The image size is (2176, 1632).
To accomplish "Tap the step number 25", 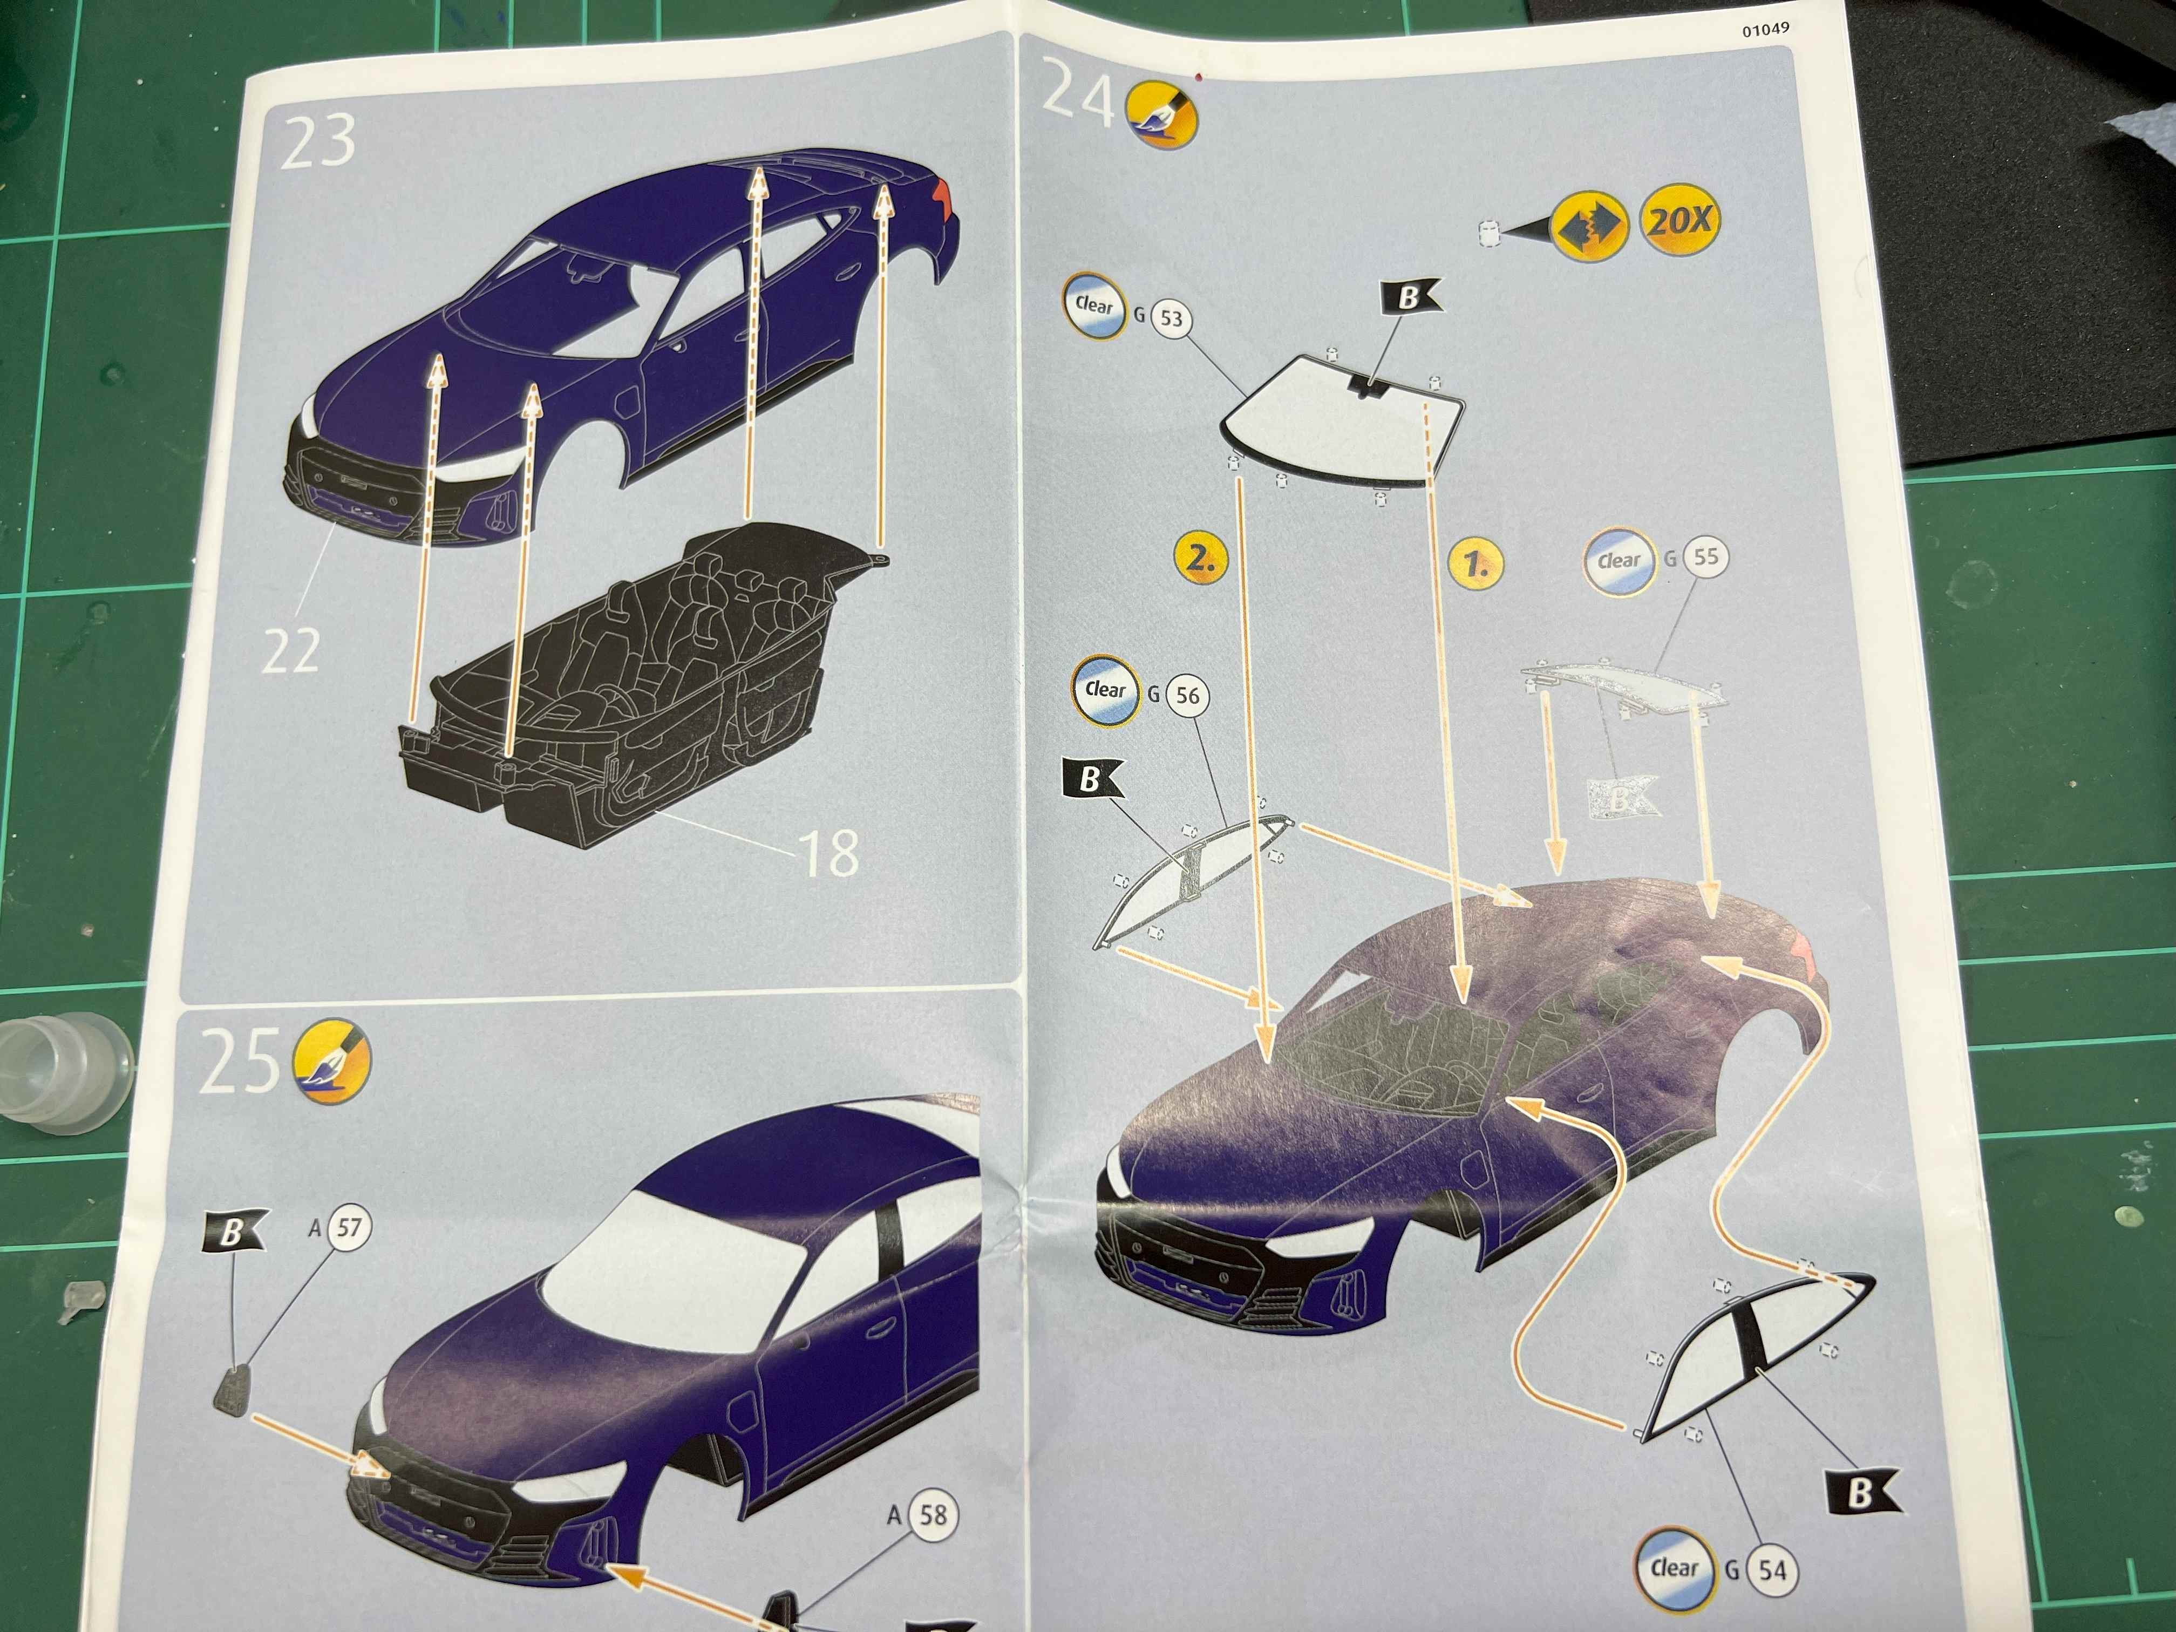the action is [239, 1063].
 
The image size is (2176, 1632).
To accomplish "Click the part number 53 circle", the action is [1171, 318].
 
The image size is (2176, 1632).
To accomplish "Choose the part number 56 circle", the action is [1187, 696].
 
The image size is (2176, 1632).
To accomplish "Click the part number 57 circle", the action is [349, 1228].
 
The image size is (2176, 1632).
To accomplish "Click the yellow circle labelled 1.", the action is [1475, 563].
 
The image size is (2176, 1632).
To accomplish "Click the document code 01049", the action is [1766, 30].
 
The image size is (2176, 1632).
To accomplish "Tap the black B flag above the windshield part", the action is [1410, 296].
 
